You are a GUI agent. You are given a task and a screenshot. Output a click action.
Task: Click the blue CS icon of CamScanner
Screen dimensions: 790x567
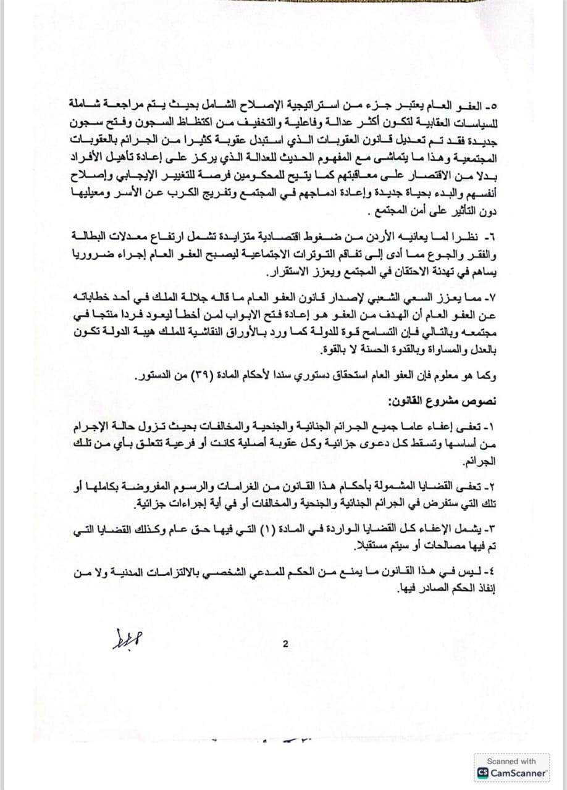[x=482, y=773]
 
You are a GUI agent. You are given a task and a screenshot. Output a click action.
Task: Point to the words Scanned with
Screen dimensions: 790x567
[x=511, y=761]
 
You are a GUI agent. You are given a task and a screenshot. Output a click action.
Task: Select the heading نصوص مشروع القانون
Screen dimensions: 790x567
[x=442, y=402]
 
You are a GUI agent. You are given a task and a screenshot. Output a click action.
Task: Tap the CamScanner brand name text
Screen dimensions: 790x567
[x=518, y=773]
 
